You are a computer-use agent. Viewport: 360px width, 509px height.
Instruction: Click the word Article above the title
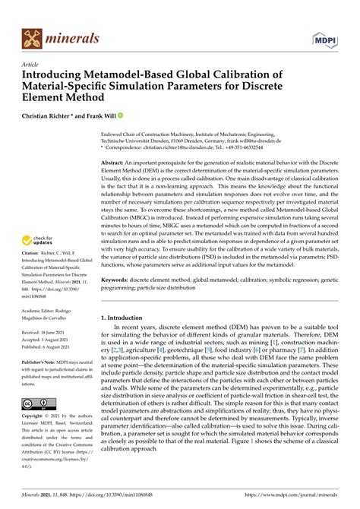[x=31, y=65]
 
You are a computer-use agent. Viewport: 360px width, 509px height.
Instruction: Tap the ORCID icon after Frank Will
[x=120, y=115]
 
